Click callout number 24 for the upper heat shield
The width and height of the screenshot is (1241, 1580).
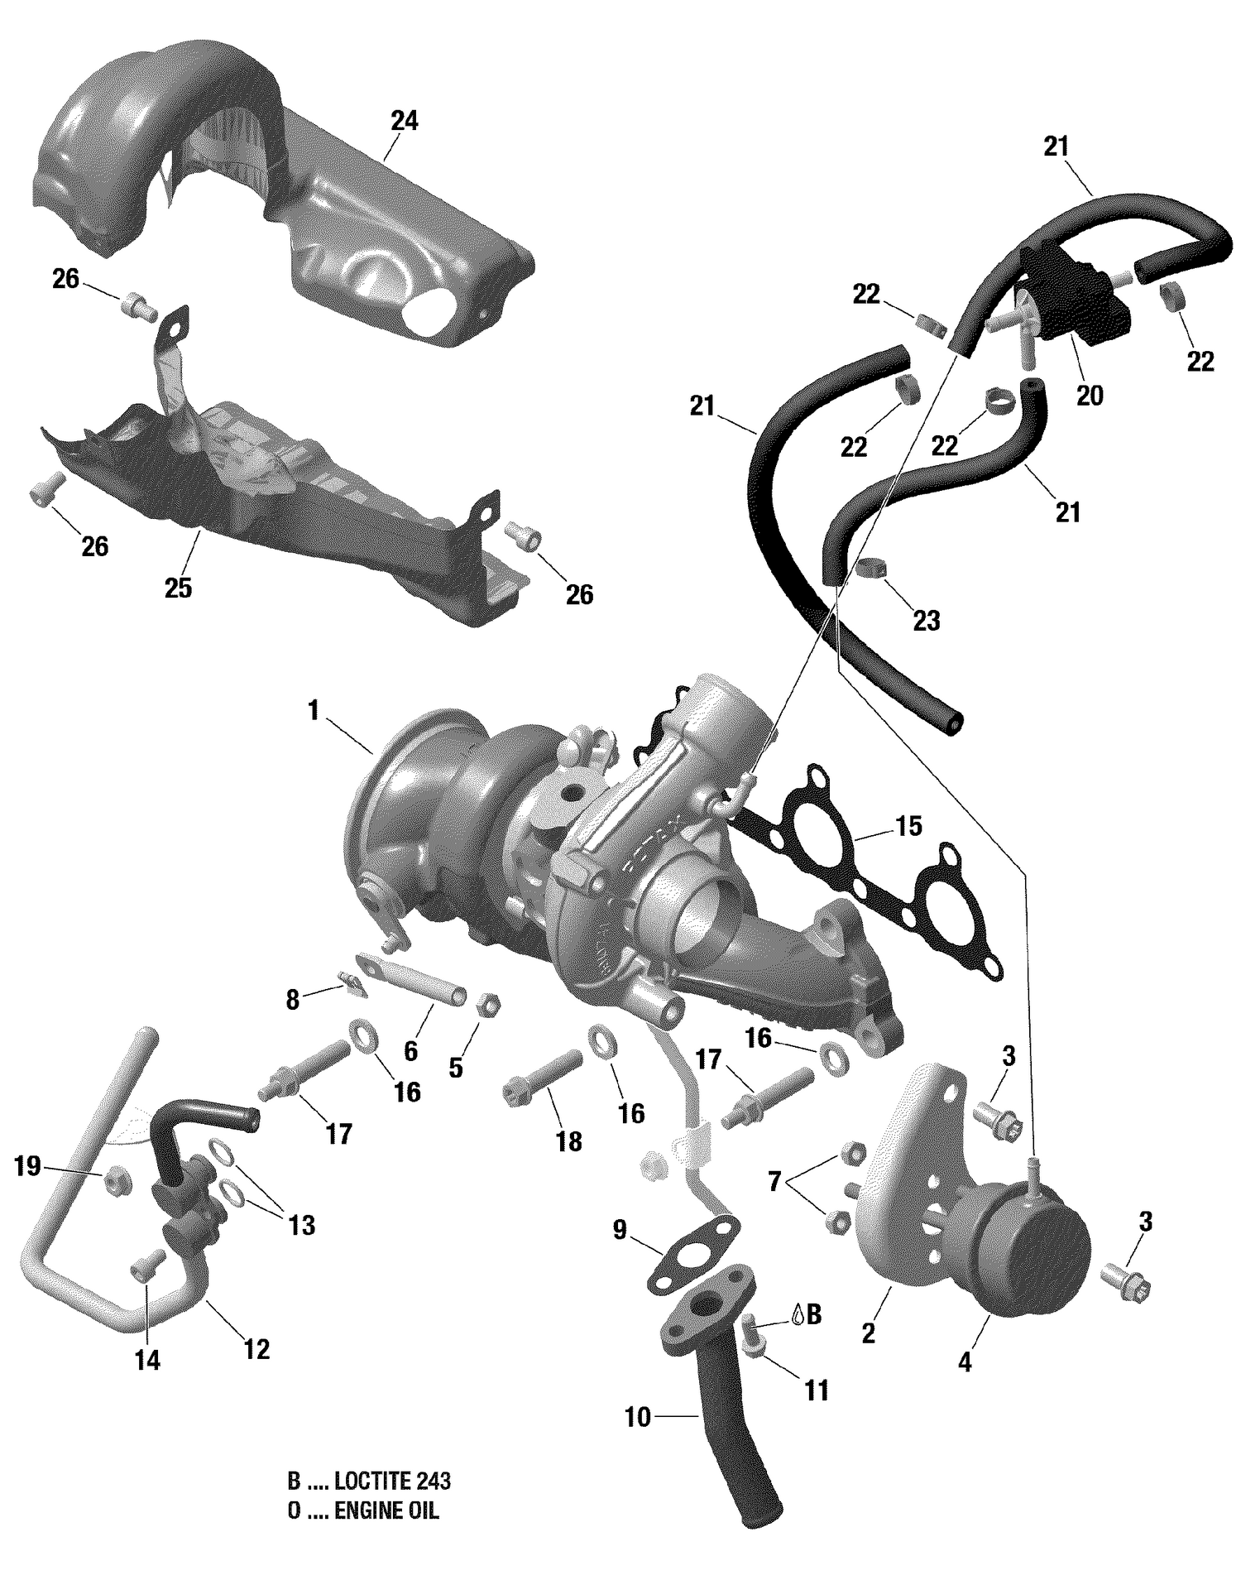[x=405, y=121]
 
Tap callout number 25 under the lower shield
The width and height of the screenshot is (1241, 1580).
[x=178, y=588]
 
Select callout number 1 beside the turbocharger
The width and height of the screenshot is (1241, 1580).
[x=314, y=710]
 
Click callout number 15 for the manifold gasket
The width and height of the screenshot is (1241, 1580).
[x=908, y=826]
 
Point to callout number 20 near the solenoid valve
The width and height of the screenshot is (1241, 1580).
[x=1090, y=396]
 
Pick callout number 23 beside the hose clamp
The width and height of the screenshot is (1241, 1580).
[x=926, y=621]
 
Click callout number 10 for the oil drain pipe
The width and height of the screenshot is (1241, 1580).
[x=638, y=1418]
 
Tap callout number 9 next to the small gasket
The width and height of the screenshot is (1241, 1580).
[x=620, y=1232]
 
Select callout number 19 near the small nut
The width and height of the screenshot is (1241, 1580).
[x=27, y=1166]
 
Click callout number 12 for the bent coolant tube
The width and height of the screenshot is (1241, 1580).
[x=256, y=1350]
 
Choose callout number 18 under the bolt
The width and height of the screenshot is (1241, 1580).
[x=569, y=1142]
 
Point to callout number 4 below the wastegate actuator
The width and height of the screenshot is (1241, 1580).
[x=965, y=1361]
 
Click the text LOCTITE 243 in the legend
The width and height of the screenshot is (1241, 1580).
[x=393, y=1481]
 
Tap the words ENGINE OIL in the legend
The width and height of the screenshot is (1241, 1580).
[x=386, y=1511]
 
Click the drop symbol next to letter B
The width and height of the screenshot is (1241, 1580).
[x=796, y=1313]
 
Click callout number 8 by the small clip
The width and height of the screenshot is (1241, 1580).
[x=292, y=1000]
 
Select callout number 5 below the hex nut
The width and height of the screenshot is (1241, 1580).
[x=455, y=1068]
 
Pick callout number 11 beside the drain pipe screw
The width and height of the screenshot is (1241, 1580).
[x=817, y=1390]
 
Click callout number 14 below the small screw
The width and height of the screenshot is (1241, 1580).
[x=147, y=1360]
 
